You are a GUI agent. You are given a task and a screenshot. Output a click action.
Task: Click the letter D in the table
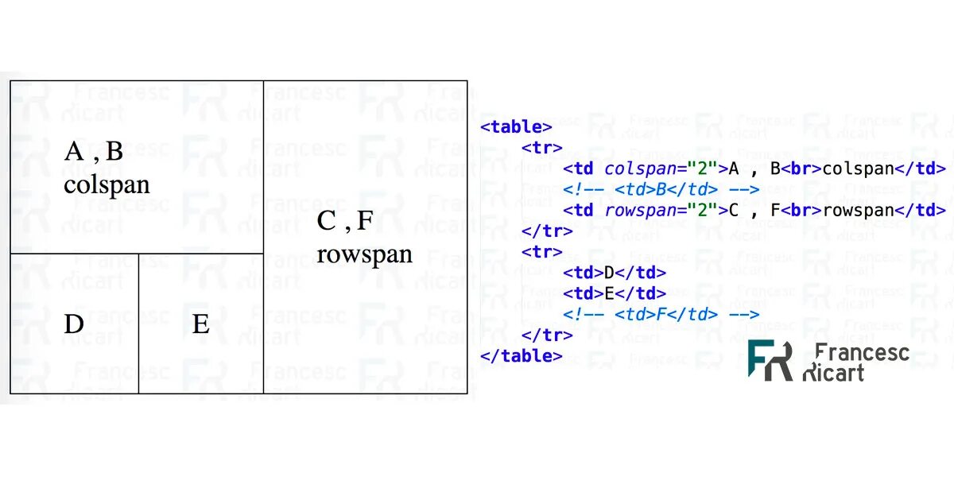coord(74,324)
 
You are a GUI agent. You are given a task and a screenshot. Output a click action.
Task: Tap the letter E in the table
coord(200,324)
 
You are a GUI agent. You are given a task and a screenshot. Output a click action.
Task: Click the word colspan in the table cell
coord(107,184)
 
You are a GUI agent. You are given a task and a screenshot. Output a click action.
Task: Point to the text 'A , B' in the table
coord(94,151)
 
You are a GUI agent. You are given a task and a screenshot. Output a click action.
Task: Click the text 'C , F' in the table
coord(345,220)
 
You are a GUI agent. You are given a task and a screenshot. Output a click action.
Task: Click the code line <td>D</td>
coord(615,273)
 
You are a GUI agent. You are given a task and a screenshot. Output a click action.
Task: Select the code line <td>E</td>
coord(615,293)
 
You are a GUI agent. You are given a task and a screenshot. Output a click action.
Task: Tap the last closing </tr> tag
coord(547,335)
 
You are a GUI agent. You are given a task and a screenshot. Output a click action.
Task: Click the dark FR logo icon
coord(770,360)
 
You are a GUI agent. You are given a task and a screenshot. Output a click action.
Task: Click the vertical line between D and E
coord(139,324)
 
